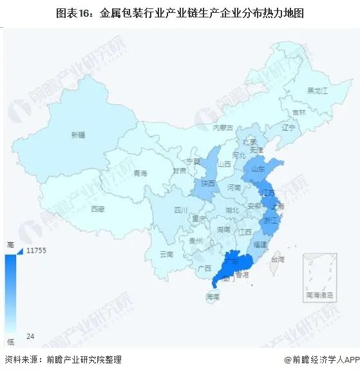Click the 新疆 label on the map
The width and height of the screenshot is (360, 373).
(78, 135)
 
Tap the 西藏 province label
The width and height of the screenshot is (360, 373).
(97, 209)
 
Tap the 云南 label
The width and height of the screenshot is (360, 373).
(166, 254)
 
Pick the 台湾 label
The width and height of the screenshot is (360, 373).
(276, 259)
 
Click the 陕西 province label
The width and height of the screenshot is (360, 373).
(207, 183)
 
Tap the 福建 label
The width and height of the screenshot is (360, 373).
(261, 245)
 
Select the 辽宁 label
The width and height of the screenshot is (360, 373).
(288, 128)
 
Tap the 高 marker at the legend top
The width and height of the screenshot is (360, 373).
(10, 244)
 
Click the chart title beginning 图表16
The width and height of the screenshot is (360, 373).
(180, 12)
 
